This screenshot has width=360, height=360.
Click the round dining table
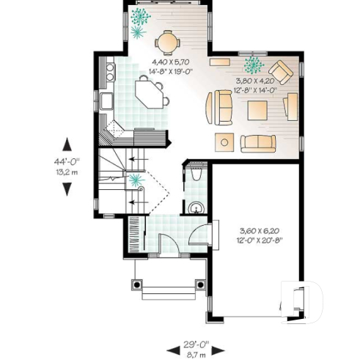click(169, 41)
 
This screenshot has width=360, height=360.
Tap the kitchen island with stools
click(150, 93)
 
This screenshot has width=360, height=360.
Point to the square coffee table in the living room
click(257, 110)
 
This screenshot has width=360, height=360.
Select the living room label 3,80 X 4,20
click(255, 82)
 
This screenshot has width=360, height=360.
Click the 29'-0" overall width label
click(196, 343)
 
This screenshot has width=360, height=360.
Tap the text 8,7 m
click(196, 353)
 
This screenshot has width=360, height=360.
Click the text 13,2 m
click(67, 173)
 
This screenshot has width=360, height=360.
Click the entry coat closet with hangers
click(136, 234)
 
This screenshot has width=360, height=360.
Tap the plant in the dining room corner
click(137, 20)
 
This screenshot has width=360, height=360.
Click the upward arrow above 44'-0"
click(67, 144)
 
